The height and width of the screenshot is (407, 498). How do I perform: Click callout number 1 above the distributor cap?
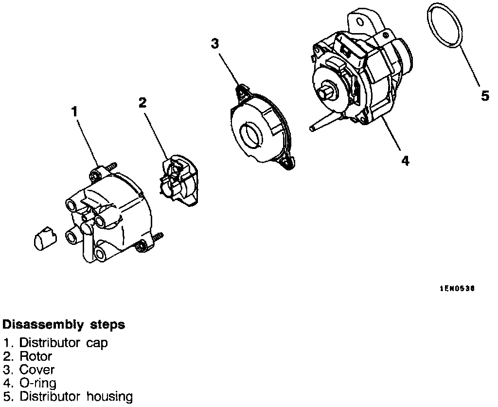click(74, 111)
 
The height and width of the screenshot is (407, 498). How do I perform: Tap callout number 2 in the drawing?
click(142, 102)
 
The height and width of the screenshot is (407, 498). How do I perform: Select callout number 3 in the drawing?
click(214, 43)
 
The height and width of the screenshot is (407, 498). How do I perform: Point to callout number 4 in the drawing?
click(405, 160)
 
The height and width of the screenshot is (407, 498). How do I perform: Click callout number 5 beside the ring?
click(485, 96)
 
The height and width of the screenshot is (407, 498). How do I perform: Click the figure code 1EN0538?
click(457, 289)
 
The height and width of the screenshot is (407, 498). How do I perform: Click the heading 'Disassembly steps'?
click(64, 324)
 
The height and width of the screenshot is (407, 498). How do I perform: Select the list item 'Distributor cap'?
click(63, 343)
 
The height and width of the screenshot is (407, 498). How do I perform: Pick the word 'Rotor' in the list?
click(36, 356)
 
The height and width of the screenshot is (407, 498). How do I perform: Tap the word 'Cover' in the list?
click(37, 370)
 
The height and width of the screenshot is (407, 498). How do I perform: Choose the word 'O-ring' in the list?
click(38, 383)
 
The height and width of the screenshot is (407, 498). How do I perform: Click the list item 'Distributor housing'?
click(75, 396)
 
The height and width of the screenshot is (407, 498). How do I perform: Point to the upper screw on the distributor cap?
click(111, 166)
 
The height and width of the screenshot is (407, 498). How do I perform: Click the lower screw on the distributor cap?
click(158, 237)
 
